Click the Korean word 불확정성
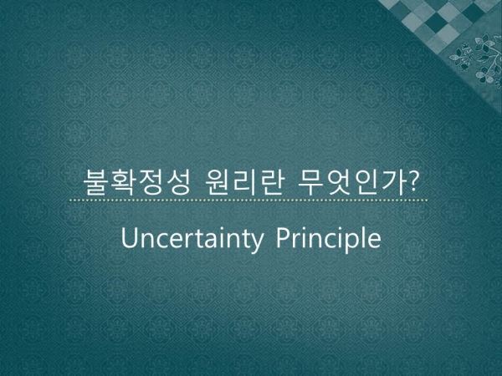(x=137, y=182)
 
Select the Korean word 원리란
(x=244, y=182)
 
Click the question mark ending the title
(x=413, y=181)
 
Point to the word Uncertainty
(x=192, y=238)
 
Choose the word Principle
(x=329, y=238)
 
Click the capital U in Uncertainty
(x=129, y=237)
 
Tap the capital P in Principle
(x=283, y=237)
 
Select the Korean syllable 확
(x=123, y=182)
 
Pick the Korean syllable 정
(x=151, y=182)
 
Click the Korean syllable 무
(x=310, y=182)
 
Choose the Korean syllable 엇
(x=338, y=182)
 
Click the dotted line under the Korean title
(x=248, y=201)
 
